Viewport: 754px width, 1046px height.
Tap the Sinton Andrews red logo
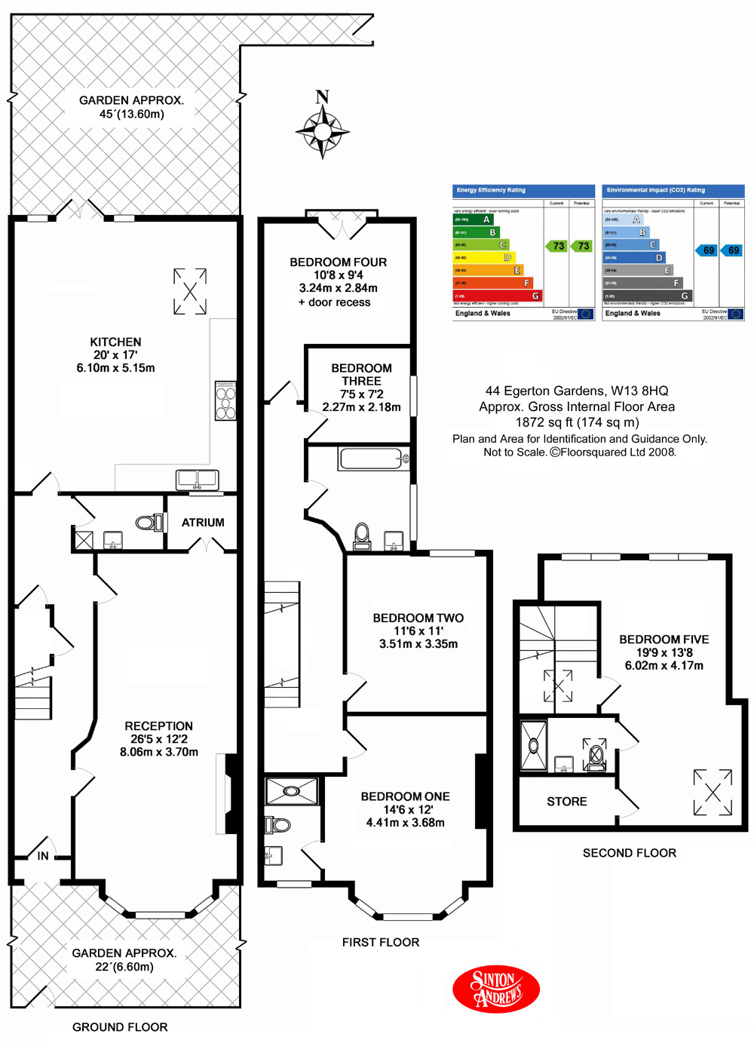pyautogui.click(x=496, y=989)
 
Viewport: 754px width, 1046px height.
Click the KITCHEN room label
pyautogui.click(x=115, y=342)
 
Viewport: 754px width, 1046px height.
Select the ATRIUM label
pyautogui.click(x=203, y=522)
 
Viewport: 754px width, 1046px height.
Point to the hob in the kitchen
pyautogui.click(x=225, y=400)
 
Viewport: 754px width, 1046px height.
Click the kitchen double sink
pyautogui.click(x=198, y=479)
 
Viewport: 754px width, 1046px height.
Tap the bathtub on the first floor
pyautogui.click(x=374, y=459)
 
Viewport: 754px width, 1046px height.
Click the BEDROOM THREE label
pyautogui.click(x=361, y=374)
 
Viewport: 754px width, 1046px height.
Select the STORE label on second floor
pyautogui.click(x=566, y=802)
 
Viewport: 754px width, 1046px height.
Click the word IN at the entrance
pyautogui.click(x=43, y=856)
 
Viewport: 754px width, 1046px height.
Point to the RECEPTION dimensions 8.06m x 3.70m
pyautogui.click(x=159, y=752)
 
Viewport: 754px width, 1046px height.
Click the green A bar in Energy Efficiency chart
pyautogui.click(x=473, y=219)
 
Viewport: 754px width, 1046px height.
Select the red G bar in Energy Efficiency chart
pyautogui.click(x=497, y=296)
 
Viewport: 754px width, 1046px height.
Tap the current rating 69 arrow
pyautogui.click(x=706, y=250)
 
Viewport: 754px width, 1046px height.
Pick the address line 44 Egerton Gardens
pyautogui.click(x=577, y=391)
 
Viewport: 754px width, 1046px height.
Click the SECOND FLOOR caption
pyautogui.click(x=629, y=853)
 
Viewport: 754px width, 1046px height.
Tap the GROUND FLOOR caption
pyautogui.click(x=120, y=1027)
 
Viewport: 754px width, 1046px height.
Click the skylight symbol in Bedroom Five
pyautogui.click(x=713, y=792)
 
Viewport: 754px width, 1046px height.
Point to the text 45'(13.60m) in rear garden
pyautogui.click(x=131, y=114)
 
